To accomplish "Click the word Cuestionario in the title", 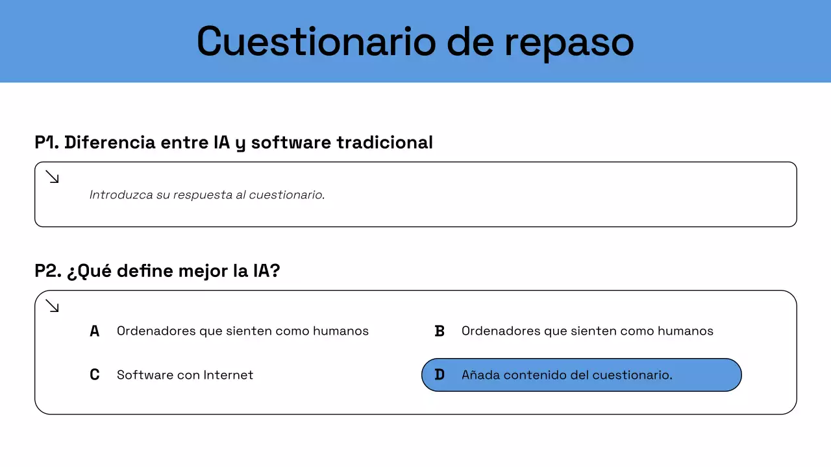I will click(316, 42).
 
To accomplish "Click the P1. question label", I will click(47, 142).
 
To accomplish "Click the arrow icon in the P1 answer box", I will click(53, 176).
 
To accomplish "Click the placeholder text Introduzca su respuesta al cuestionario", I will click(207, 195).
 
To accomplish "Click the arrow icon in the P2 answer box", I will click(53, 305).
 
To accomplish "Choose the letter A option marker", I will click(95, 331).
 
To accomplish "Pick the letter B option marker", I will click(440, 331).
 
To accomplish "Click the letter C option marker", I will click(95, 375).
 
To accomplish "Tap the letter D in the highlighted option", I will click(440, 375).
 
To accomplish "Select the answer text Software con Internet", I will click(185, 375).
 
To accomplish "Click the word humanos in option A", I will click(341, 331).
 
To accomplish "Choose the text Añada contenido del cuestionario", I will click(567, 375).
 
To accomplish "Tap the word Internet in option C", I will click(229, 375).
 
